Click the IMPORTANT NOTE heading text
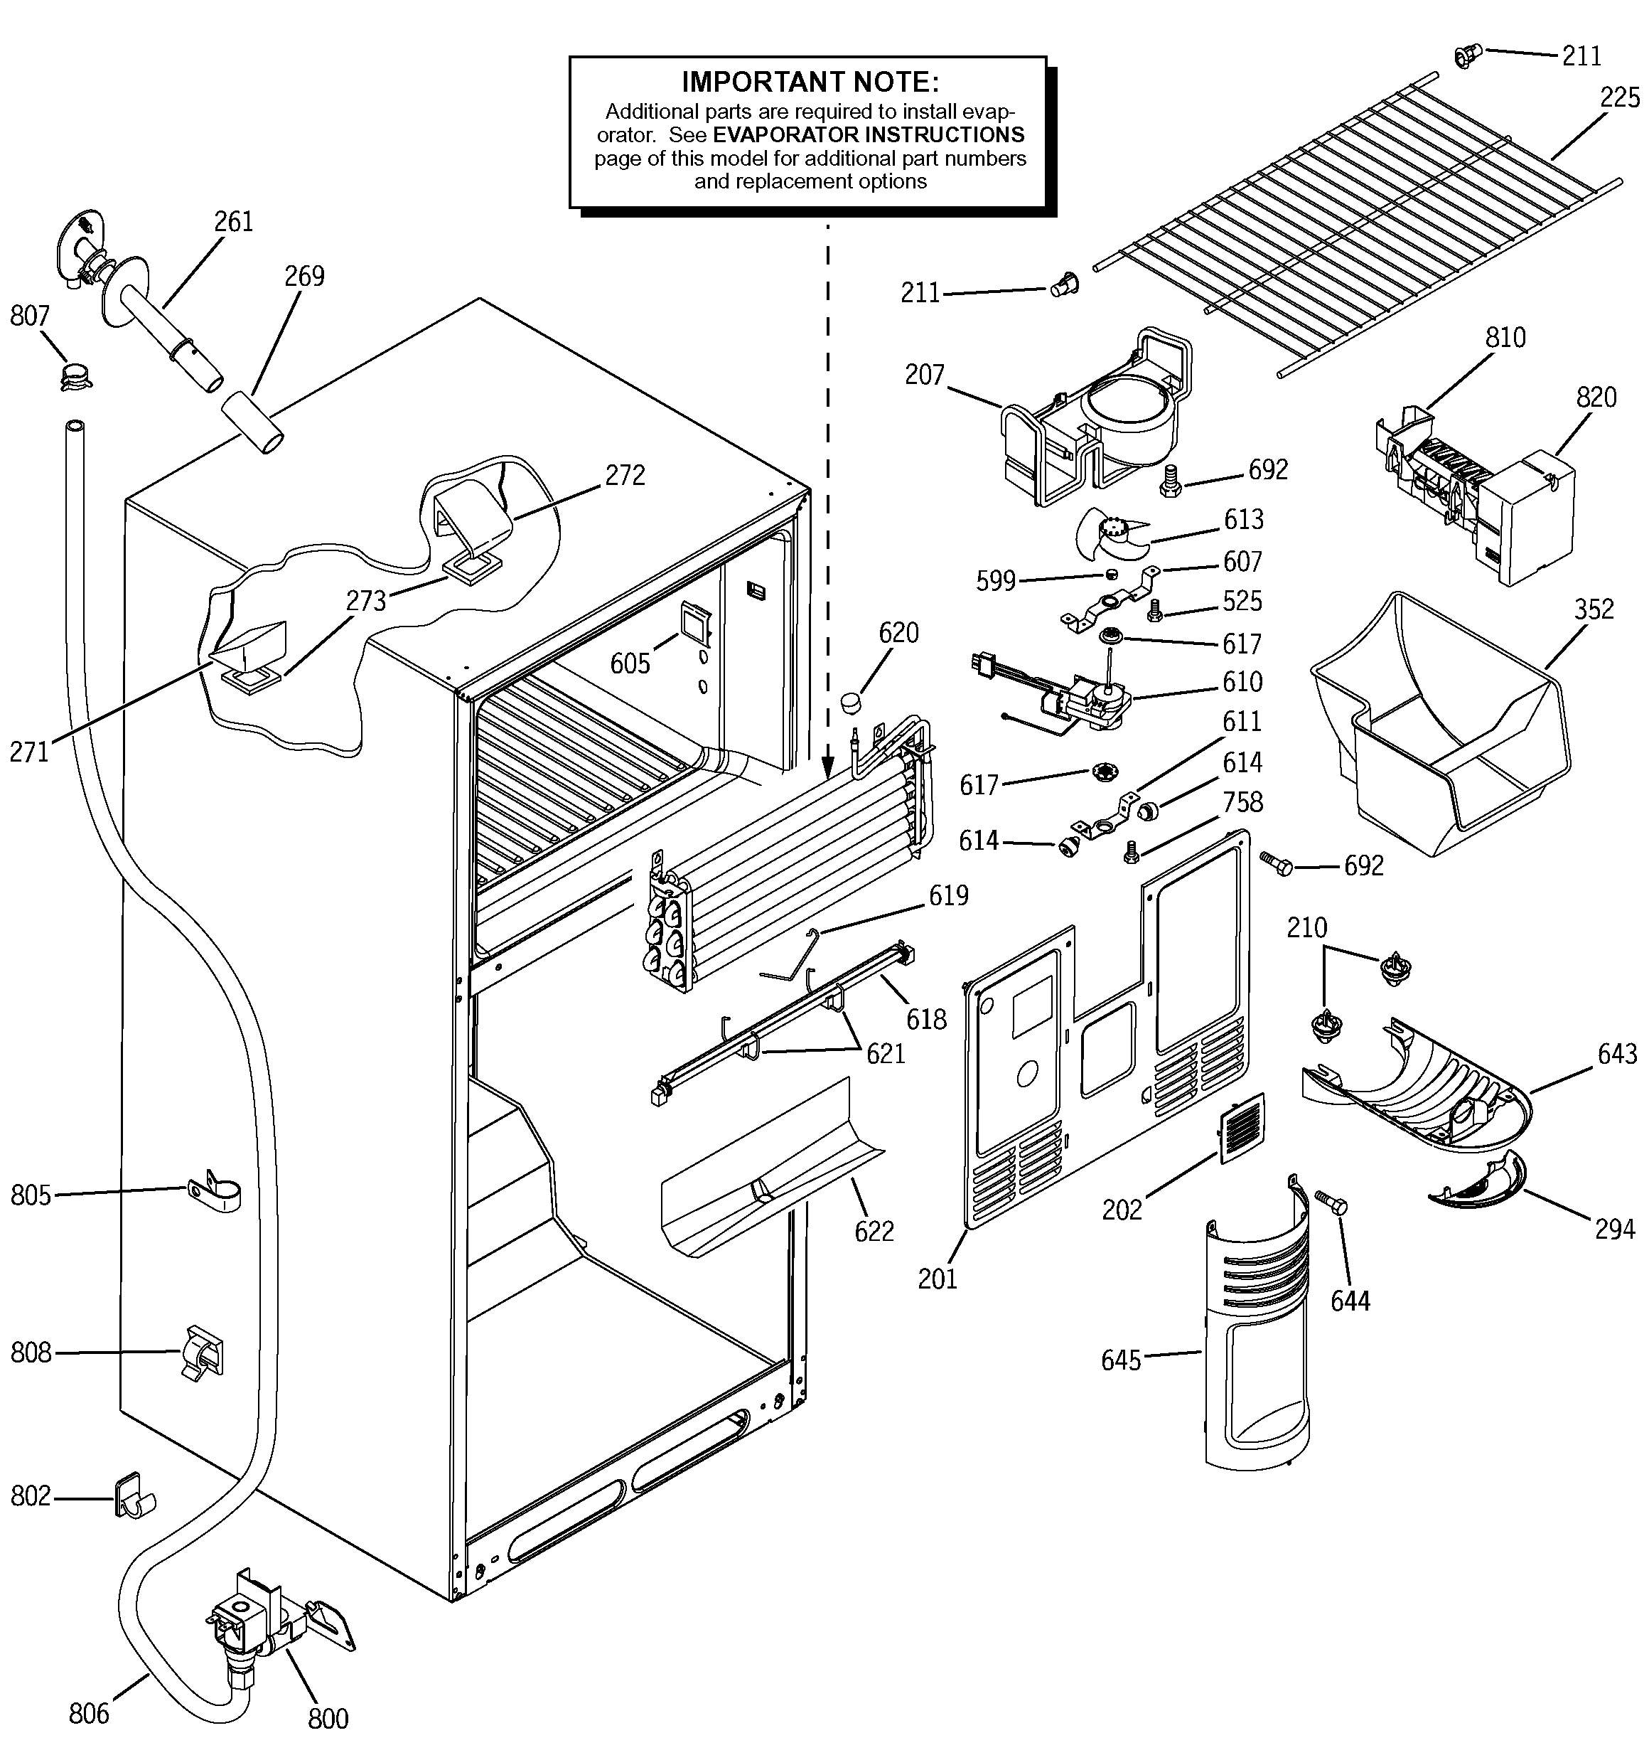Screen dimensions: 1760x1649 [x=809, y=82]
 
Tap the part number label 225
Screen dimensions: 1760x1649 [x=1620, y=97]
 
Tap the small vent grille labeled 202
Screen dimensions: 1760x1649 [x=1242, y=1128]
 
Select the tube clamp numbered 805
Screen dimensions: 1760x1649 [x=213, y=1192]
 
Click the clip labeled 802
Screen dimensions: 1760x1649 [x=133, y=1495]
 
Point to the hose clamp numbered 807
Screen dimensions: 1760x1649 [x=76, y=375]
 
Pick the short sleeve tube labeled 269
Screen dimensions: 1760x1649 [x=252, y=423]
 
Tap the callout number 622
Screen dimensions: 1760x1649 [x=874, y=1232]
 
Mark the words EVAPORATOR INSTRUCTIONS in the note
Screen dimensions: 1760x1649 [x=869, y=134]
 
